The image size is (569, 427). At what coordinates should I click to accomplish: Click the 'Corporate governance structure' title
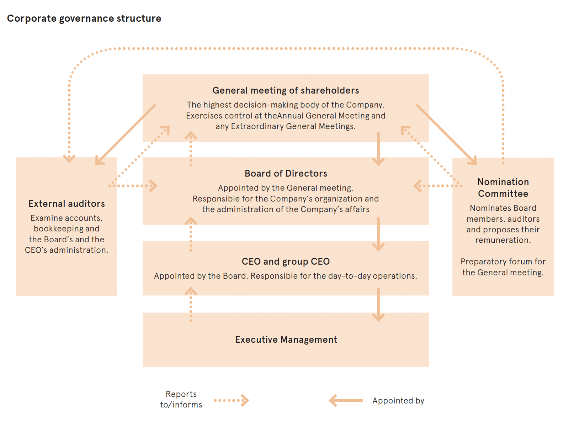(x=84, y=19)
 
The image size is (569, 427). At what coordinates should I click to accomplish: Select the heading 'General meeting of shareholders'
(x=286, y=90)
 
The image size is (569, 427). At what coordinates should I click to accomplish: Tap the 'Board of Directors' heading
(x=286, y=173)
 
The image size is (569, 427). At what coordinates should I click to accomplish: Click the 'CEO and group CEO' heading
(x=286, y=262)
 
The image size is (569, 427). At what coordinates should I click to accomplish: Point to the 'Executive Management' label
(x=286, y=339)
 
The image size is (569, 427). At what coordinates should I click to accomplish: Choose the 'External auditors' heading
(x=67, y=204)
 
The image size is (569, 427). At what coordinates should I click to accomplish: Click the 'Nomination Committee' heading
(x=503, y=188)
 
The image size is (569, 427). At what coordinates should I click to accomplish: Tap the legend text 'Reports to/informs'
(x=181, y=399)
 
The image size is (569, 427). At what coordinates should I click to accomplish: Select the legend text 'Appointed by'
(x=398, y=401)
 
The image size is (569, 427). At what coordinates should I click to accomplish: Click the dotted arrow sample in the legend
(x=231, y=400)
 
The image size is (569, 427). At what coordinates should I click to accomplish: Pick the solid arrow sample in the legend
(x=346, y=400)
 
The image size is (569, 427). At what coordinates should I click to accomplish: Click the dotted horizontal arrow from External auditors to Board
(x=133, y=185)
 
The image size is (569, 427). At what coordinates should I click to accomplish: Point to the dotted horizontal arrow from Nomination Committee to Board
(x=437, y=185)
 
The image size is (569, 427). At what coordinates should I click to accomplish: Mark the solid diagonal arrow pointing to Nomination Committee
(x=446, y=135)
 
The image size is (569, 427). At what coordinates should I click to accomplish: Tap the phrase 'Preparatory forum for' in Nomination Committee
(x=503, y=262)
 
